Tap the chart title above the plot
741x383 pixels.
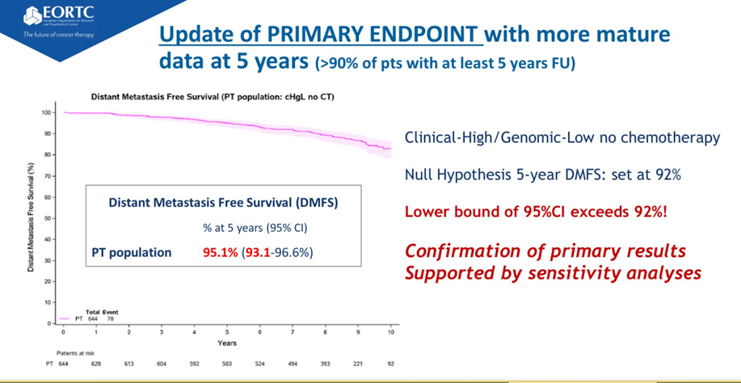coord(213,96)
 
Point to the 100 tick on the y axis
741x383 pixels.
coord(46,112)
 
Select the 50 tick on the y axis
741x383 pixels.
coord(48,218)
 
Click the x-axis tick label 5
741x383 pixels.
coord(227,332)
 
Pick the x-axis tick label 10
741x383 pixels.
coord(391,332)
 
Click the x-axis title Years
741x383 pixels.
coord(227,343)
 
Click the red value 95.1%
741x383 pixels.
coord(221,253)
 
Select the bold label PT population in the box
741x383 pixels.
coord(131,253)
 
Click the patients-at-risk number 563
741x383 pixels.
coord(227,364)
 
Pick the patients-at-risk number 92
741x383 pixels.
coord(391,364)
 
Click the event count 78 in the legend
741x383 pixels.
coord(111,318)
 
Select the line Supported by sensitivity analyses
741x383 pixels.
coord(553,273)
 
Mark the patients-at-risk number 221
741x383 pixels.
coord(358,364)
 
